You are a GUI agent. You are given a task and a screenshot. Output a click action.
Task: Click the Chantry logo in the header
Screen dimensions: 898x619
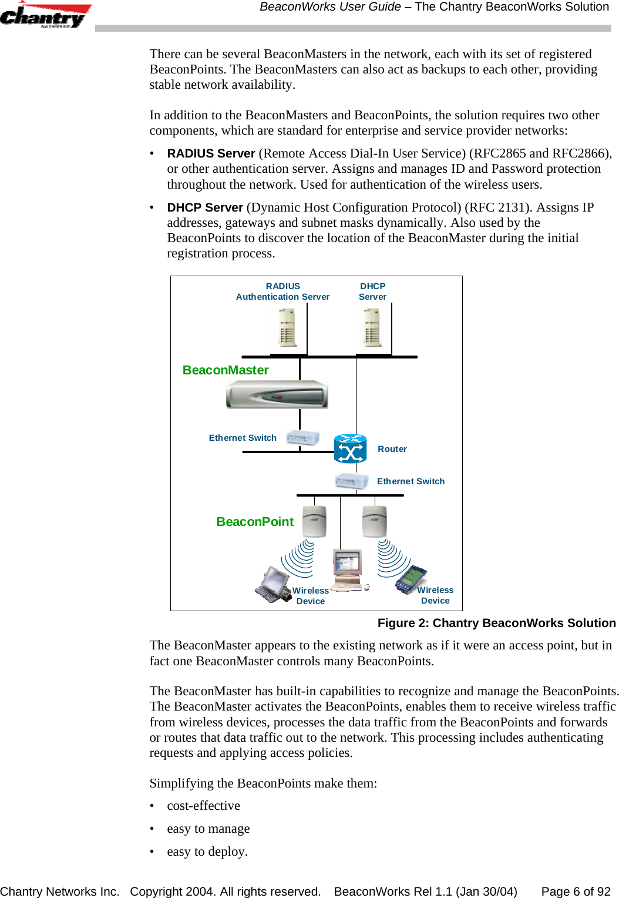(x=45, y=16)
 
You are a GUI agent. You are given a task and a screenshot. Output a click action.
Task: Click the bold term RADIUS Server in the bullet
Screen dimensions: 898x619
(x=211, y=153)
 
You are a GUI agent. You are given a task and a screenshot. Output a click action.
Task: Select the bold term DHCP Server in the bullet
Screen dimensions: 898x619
(x=205, y=207)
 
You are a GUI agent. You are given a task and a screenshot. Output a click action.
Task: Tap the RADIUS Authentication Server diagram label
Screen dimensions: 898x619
(x=282, y=291)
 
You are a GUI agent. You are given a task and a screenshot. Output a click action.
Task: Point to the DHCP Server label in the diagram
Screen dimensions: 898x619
(x=372, y=291)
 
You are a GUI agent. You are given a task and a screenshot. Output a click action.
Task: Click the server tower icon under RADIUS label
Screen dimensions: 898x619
(x=287, y=328)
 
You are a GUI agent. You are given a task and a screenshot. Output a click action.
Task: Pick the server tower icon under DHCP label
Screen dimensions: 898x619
(x=372, y=328)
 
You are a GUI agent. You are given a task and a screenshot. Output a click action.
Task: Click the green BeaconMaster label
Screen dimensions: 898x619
(x=226, y=370)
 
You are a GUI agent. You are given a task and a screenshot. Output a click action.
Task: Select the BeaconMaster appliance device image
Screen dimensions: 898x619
(x=277, y=394)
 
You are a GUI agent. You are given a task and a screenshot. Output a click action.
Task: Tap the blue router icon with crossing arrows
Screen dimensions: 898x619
(x=350, y=450)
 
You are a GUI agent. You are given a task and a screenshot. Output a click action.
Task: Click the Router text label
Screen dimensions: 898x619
(x=392, y=449)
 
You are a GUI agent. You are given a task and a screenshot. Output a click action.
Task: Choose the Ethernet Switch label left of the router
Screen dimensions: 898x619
(x=243, y=438)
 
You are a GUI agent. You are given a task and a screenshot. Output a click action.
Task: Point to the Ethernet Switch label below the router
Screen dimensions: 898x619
(x=411, y=481)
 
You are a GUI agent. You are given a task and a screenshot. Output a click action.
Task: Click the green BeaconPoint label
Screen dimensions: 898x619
(x=255, y=522)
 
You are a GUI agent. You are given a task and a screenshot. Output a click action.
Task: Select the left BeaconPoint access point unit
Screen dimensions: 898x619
(x=314, y=521)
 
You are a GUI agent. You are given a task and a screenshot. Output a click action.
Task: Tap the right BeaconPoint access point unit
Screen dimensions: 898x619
(x=374, y=521)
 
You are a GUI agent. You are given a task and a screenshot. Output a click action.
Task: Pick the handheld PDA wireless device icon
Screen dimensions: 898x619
(x=411, y=580)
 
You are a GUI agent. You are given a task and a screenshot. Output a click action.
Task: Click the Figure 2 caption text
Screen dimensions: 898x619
(x=496, y=623)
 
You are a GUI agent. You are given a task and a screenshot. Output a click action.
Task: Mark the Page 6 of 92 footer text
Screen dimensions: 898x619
(x=576, y=892)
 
